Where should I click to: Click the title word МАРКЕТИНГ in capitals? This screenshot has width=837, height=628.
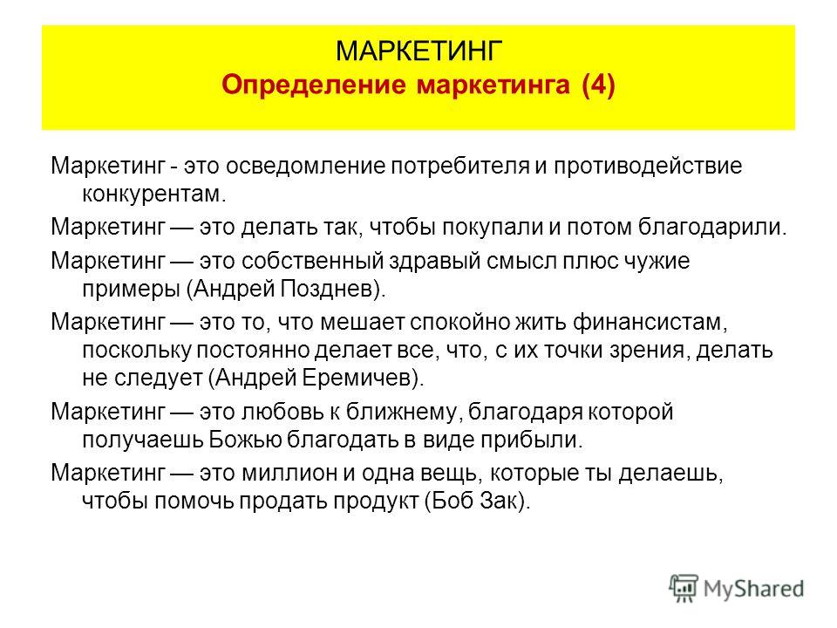(x=419, y=51)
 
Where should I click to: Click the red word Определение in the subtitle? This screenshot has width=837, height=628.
(x=314, y=85)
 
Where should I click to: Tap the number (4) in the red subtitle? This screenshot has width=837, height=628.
(x=598, y=85)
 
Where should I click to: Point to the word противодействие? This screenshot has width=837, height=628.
(x=648, y=166)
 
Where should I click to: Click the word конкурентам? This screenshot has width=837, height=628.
(x=154, y=195)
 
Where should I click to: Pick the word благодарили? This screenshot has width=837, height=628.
(x=712, y=228)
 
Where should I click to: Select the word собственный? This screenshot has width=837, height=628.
(x=313, y=262)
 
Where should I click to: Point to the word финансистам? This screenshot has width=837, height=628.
(x=650, y=323)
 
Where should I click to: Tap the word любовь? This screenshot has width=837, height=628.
(x=282, y=412)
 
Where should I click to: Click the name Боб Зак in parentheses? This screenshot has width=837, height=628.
(x=475, y=501)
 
